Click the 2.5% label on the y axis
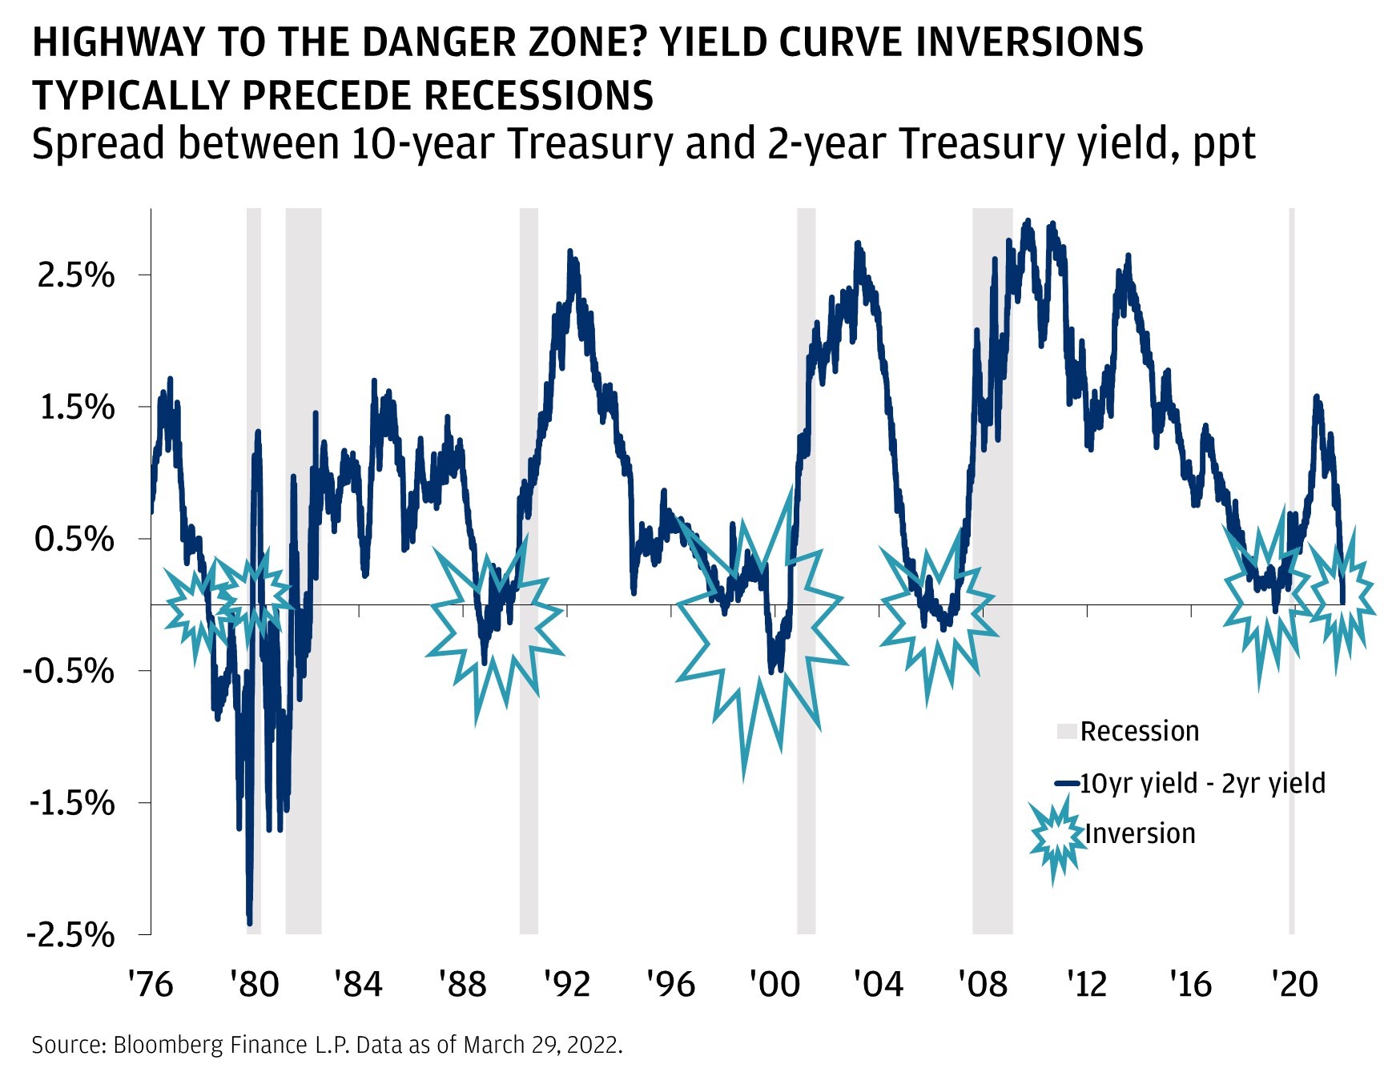(76, 275)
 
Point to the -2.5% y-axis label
(70, 934)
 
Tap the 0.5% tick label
(74, 539)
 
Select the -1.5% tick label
(71, 802)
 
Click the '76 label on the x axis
(151, 984)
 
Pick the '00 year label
(774, 984)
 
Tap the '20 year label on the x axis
(1294, 984)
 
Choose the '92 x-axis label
(566, 984)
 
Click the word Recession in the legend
(1139, 731)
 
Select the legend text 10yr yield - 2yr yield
(1202, 783)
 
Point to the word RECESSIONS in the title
(538, 96)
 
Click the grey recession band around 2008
(992, 721)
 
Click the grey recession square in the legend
(1066, 731)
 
